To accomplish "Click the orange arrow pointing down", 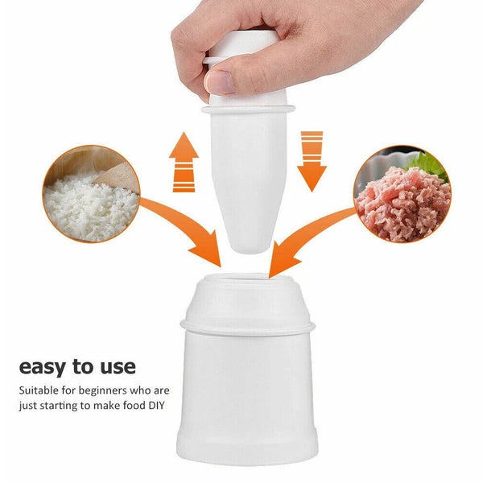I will coord(311,161).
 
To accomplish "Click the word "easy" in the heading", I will coord(45,367).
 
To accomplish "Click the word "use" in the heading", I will coord(118,367).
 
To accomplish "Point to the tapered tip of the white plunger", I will coord(241,237).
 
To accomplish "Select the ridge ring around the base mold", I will coord(245,326).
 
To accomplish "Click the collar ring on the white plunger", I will coord(246,105).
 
